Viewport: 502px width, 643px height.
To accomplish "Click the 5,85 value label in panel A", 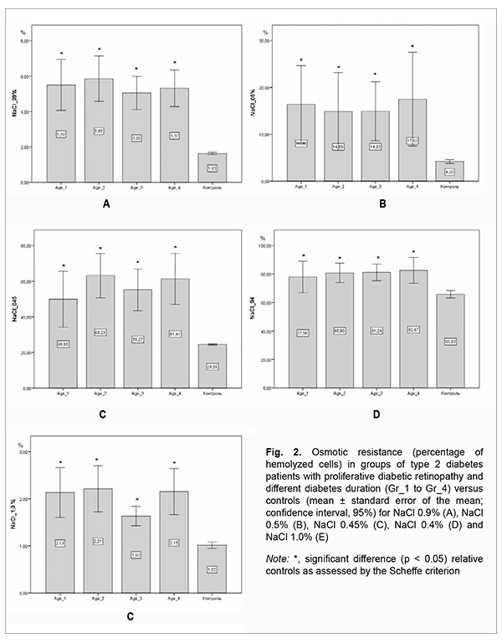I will (99, 131).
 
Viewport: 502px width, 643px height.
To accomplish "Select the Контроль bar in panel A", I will (213, 167).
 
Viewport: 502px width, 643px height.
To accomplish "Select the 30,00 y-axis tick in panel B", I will (264, 41).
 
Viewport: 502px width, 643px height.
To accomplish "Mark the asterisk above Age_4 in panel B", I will (412, 47).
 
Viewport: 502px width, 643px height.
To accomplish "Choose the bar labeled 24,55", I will (213, 366).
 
